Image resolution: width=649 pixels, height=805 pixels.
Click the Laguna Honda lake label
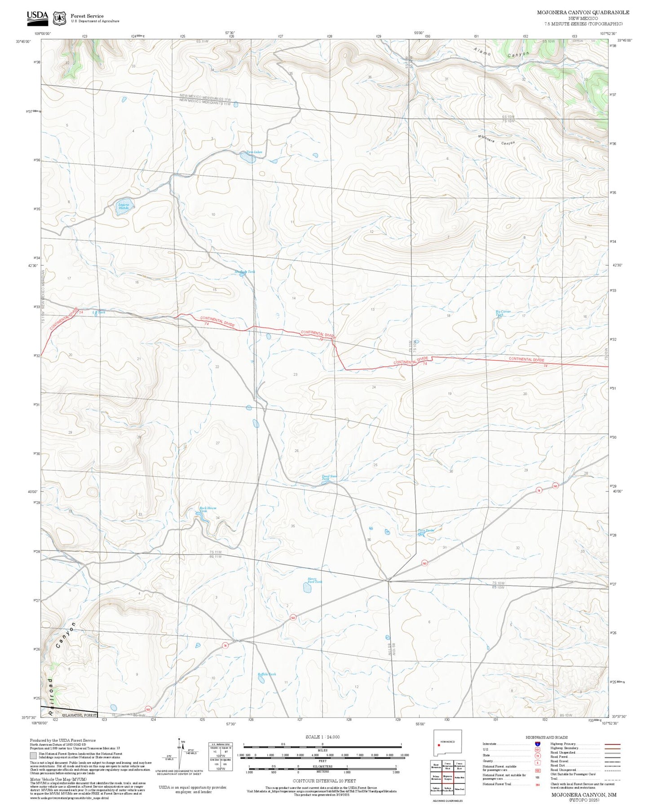[x=123, y=206]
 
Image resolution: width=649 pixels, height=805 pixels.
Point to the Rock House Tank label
[x=208, y=509]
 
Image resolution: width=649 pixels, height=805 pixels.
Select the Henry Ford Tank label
[x=314, y=580]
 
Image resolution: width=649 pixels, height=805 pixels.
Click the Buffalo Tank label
[x=267, y=674]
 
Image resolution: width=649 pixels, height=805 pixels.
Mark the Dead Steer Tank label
[x=329, y=477]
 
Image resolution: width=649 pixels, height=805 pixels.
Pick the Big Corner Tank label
[x=503, y=313]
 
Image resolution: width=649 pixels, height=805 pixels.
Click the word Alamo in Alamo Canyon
[x=483, y=51]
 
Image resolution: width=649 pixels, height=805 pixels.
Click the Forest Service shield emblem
[x=59, y=18]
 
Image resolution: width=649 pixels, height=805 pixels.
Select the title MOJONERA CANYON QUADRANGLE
[x=583, y=13]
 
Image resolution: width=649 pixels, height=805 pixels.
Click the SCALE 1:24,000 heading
[x=322, y=737]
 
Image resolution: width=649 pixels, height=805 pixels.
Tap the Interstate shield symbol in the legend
[x=537, y=744]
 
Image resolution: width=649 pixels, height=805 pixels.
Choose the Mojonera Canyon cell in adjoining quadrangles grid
[x=447, y=777]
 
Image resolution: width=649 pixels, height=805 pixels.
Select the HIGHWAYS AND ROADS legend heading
[x=547, y=737]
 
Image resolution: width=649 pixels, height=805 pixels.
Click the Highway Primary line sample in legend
[x=612, y=744]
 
